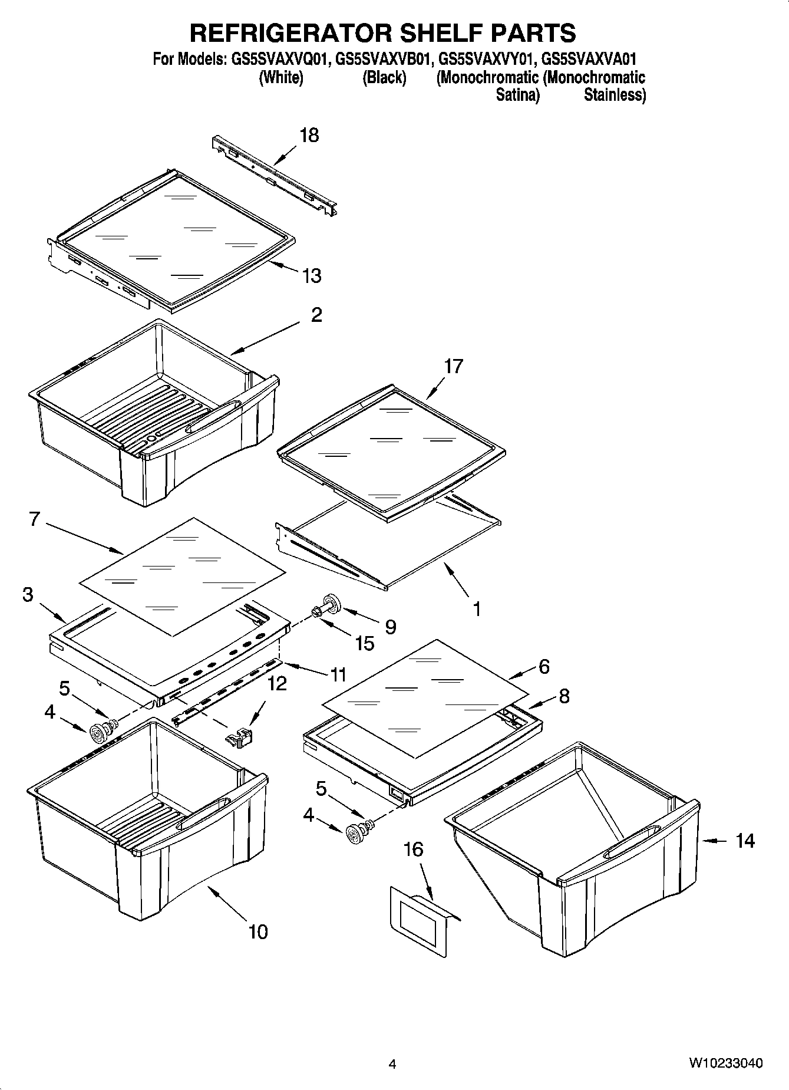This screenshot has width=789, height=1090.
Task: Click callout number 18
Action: [309, 135]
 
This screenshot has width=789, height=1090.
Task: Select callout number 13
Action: [312, 275]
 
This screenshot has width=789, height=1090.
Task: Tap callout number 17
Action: [453, 366]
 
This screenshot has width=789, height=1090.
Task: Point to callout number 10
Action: [258, 931]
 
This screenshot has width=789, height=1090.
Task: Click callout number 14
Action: [745, 840]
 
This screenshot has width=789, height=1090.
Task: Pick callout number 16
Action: [413, 849]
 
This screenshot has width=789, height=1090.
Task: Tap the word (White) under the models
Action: [281, 78]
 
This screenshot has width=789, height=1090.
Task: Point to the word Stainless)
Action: [615, 95]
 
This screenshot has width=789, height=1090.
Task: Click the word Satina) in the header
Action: [517, 95]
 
